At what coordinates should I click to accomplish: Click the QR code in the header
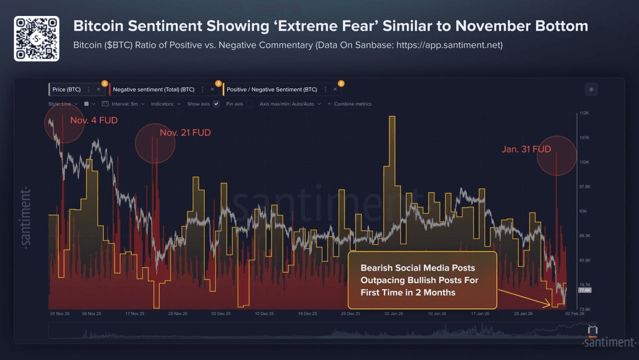pyautogui.click(x=36, y=38)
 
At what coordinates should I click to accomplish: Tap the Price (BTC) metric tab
pyautogui.click(x=66, y=89)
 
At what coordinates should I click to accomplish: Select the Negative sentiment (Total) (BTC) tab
pyautogui.click(x=153, y=89)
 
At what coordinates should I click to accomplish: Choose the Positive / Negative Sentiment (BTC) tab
pyautogui.click(x=272, y=89)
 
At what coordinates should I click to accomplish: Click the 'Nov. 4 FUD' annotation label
pyautogui.click(x=94, y=120)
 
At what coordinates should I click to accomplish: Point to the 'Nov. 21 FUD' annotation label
pyautogui.click(x=185, y=133)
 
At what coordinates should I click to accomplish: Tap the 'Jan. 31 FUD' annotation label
pyautogui.click(x=526, y=149)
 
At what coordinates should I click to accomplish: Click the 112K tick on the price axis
pyautogui.click(x=584, y=113)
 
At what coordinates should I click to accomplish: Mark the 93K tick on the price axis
pyautogui.click(x=583, y=211)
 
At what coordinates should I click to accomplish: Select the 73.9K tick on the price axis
pyautogui.click(x=584, y=310)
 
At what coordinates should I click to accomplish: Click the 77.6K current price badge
pyautogui.click(x=584, y=290)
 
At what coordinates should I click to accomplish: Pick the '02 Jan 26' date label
pyautogui.click(x=394, y=314)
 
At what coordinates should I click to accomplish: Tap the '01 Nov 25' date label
pyautogui.click(x=60, y=314)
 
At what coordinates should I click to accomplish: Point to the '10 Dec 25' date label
pyautogui.click(x=264, y=314)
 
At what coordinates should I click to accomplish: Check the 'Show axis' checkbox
pyautogui.click(x=216, y=104)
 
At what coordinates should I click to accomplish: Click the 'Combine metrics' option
pyautogui.click(x=352, y=104)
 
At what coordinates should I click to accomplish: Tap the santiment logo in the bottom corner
pyautogui.click(x=608, y=342)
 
